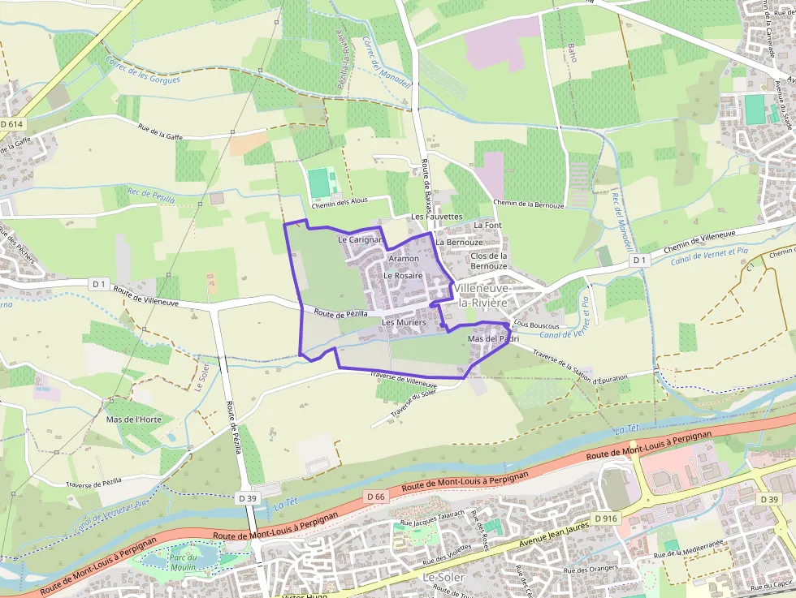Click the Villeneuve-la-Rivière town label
(x=482, y=295)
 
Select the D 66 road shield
(x=374, y=496)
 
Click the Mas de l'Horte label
(x=134, y=419)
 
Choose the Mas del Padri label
(x=493, y=338)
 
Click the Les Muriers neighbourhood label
(x=404, y=322)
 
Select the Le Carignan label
(x=360, y=240)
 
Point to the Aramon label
(x=404, y=258)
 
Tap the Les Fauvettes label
(x=436, y=217)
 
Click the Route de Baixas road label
(x=426, y=185)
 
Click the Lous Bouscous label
(x=533, y=324)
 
